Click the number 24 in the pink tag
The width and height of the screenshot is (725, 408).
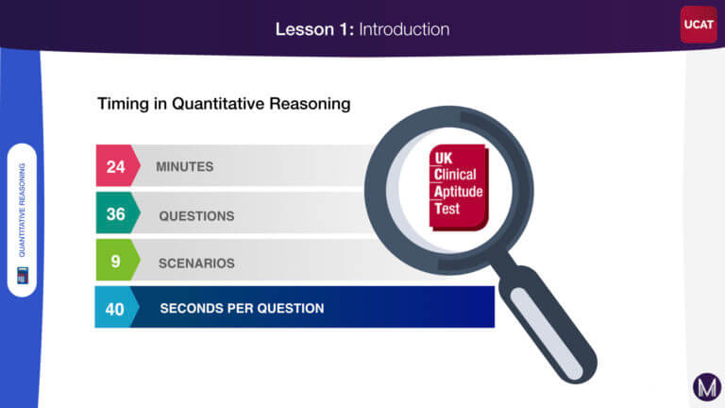click(115, 166)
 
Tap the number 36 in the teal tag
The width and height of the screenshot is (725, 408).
click(115, 214)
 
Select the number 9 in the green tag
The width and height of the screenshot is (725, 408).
click(115, 262)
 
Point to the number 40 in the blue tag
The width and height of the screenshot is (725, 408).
click(114, 309)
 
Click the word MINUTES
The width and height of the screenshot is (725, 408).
click(184, 166)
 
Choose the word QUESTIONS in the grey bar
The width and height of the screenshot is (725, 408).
click(196, 216)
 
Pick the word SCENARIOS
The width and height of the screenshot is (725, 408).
click(196, 263)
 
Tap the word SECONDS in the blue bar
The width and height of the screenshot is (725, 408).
click(188, 309)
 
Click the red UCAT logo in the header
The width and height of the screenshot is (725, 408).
click(699, 25)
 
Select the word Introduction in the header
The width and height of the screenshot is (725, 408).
click(404, 29)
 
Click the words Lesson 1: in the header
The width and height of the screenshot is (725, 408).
click(314, 29)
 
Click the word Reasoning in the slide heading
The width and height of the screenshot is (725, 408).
click(310, 104)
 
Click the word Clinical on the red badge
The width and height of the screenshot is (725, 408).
click(455, 175)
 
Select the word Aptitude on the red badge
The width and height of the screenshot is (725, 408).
click(458, 192)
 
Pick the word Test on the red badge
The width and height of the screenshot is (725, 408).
click(447, 209)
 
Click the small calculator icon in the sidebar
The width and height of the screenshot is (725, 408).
click(23, 275)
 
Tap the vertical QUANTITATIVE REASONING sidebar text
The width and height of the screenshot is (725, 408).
click(22, 210)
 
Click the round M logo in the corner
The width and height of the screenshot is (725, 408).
click(707, 386)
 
